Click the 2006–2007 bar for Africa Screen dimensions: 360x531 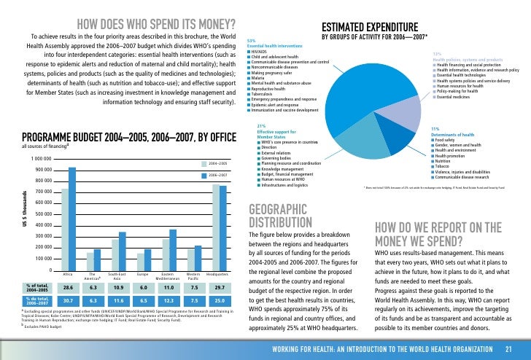point(72,219)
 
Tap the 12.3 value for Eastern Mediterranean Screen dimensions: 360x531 point(168,300)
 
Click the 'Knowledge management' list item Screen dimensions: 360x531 point(276,169)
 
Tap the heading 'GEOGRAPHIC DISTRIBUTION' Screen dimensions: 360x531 point(281,215)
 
